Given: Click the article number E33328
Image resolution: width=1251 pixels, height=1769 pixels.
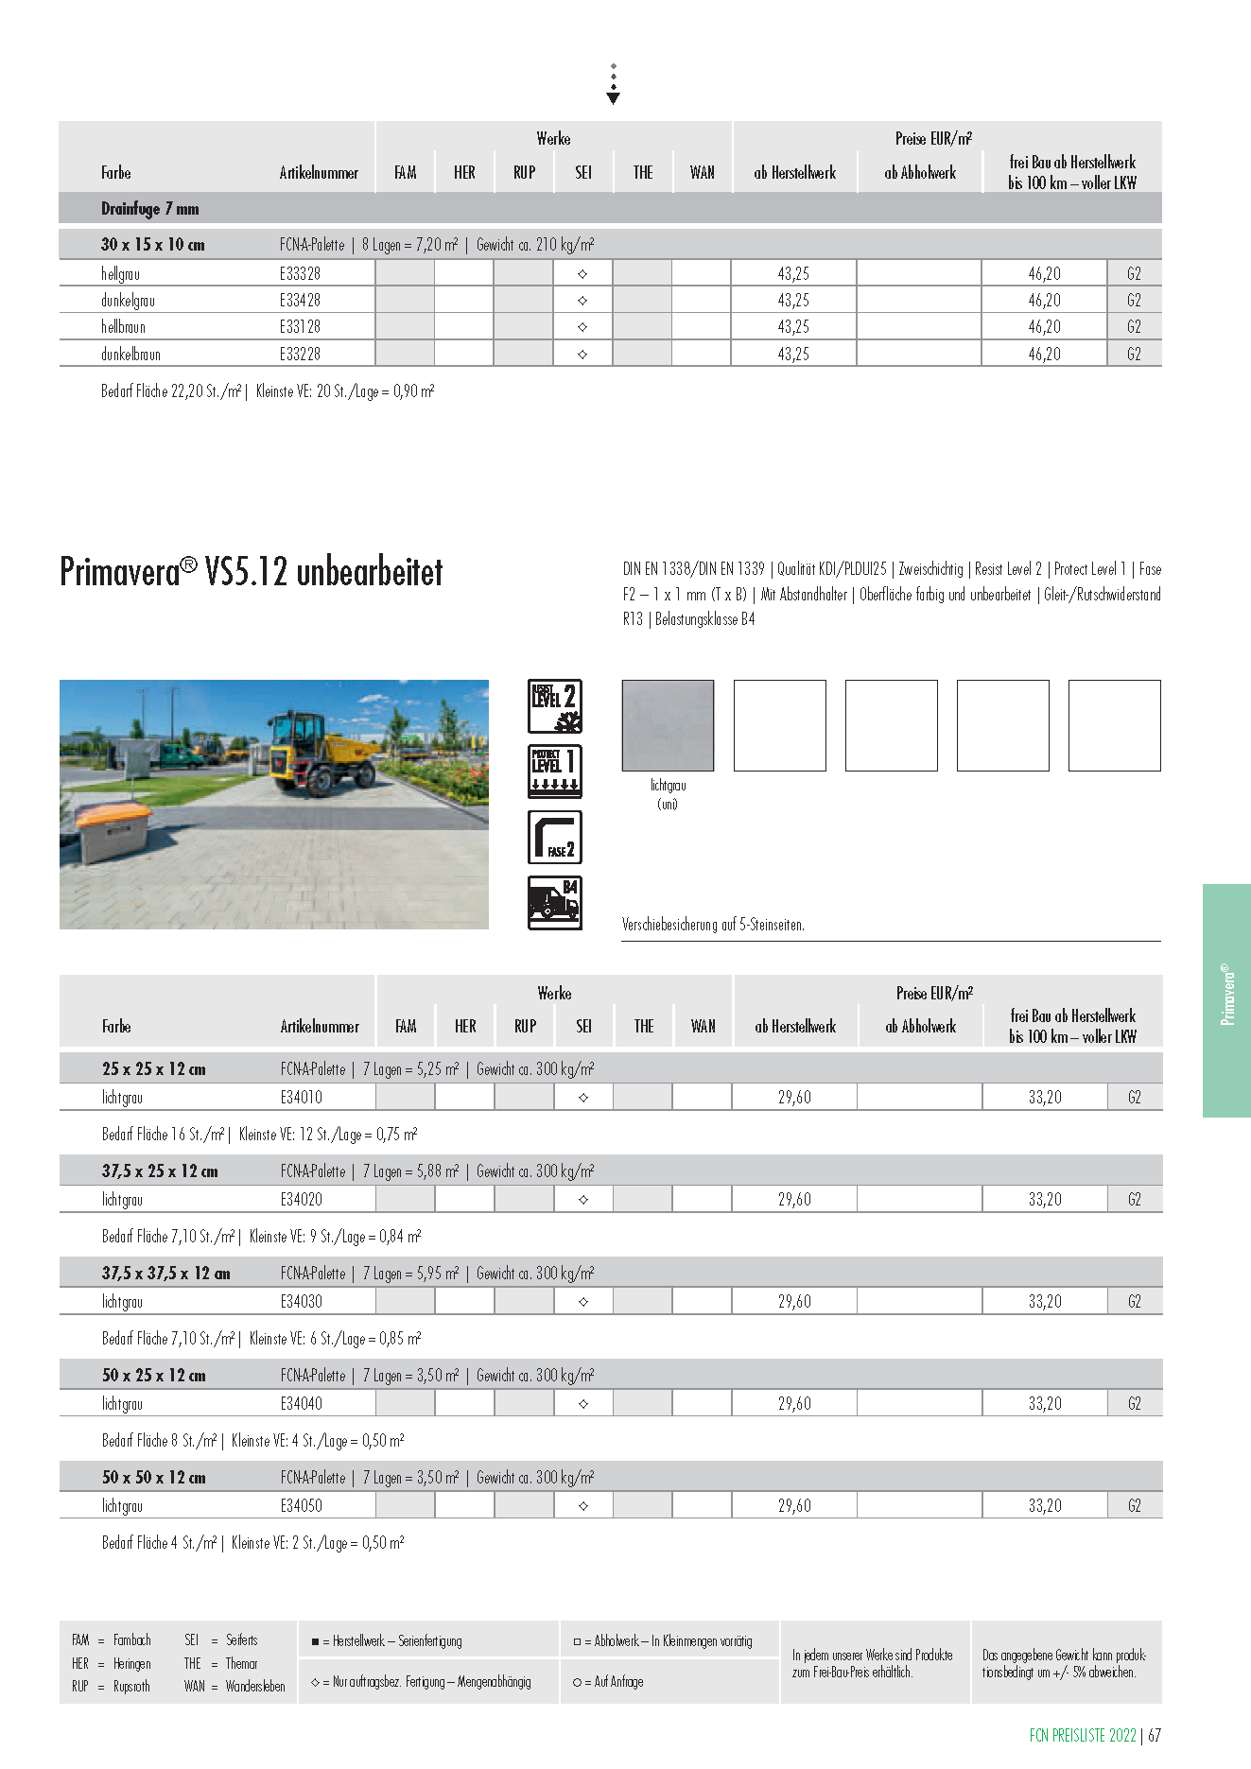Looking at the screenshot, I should pos(300,274).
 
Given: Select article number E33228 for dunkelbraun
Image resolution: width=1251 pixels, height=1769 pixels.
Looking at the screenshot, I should pos(300,355).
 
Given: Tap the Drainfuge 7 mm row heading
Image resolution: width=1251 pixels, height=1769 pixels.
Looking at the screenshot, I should pos(149,209).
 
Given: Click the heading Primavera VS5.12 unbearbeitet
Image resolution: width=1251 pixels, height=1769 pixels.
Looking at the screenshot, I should pos(252,572).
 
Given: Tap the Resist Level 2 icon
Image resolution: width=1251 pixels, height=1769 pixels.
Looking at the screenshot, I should pos(555,706).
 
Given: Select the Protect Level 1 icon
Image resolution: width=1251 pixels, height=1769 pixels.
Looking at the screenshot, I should pos(555,772).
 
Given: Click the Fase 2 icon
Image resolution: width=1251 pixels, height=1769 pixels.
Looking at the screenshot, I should pos(555,837).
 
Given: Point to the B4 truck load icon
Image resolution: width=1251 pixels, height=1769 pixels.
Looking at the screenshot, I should pos(555,902).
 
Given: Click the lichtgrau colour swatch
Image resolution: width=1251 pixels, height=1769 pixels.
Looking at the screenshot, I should pos(668,725).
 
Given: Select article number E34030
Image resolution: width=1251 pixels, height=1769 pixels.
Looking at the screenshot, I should pos(301,1302).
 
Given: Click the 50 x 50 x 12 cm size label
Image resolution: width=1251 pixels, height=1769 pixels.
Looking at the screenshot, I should pos(153,1478).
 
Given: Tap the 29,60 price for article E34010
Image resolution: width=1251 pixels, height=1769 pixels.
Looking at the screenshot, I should pos(794,1098).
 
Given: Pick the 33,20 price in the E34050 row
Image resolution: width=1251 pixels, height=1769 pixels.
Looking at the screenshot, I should pos(1045,1506).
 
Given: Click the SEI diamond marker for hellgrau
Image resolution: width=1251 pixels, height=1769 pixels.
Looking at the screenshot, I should pos(582,274).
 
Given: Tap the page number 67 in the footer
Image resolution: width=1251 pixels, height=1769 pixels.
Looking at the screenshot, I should pos(1155,1736).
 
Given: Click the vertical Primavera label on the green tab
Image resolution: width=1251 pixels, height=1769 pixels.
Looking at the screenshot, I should pos(1227,996).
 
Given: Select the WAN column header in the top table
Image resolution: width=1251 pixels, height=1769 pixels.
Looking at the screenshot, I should pos(702,173).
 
